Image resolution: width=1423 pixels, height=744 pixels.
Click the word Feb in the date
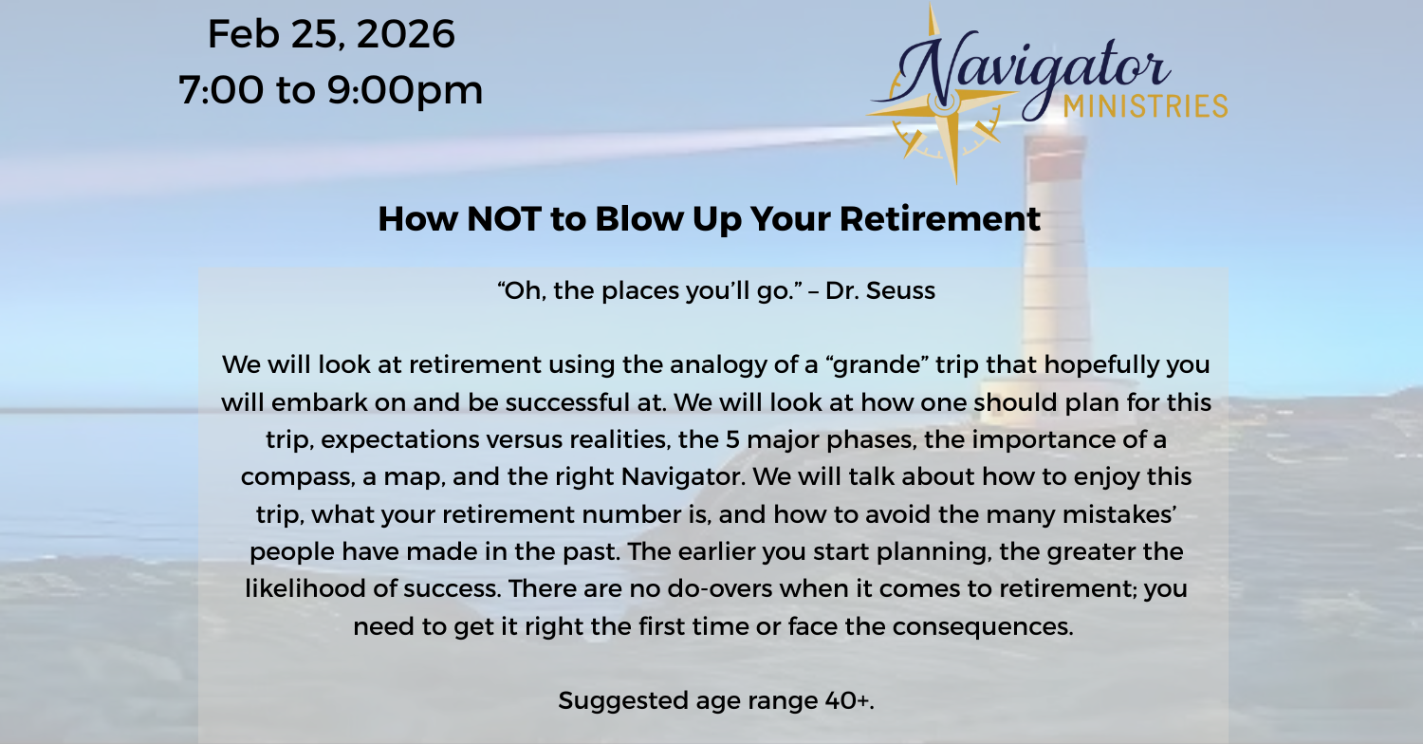[x=243, y=33]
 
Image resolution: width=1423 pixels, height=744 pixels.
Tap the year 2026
[x=406, y=34]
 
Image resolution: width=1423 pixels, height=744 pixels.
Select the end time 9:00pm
[x=405, y=89]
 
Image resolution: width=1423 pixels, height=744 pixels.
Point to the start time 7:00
[x=220, y=89]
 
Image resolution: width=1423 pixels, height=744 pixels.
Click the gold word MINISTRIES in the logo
[x=1145, y=106]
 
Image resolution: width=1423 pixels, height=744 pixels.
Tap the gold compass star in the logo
[x=945, y=102]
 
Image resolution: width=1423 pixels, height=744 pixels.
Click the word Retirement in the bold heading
[x=939, y=219]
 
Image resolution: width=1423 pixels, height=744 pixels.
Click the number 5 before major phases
[x=732, y=439]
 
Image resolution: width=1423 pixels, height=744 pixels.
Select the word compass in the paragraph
[x=297, y=477]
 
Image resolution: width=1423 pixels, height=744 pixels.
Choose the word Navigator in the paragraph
[x=683, y=476]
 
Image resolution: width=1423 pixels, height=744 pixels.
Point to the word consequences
[x=983, y=627]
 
